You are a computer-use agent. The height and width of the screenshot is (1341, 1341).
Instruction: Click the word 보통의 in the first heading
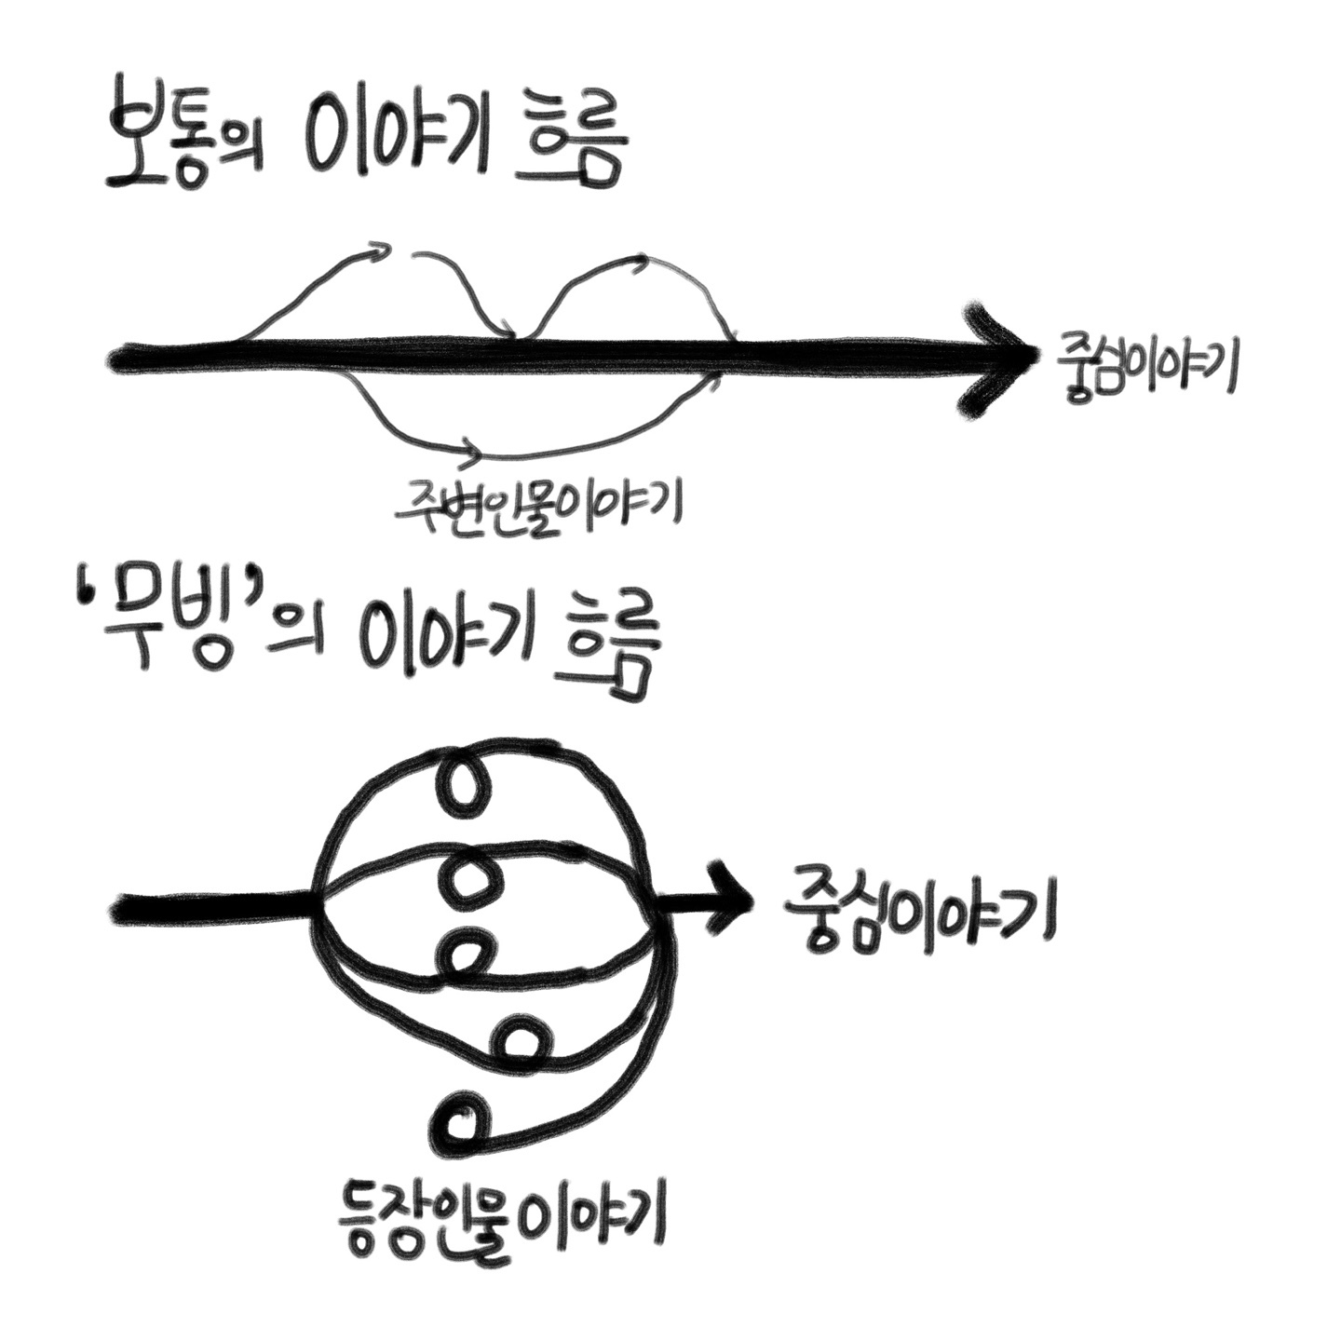tap(183, 144)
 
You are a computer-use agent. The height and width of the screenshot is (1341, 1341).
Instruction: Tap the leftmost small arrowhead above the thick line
tap(377, 249)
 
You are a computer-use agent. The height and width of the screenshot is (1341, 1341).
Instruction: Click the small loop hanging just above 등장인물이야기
tap(462, 1121)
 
